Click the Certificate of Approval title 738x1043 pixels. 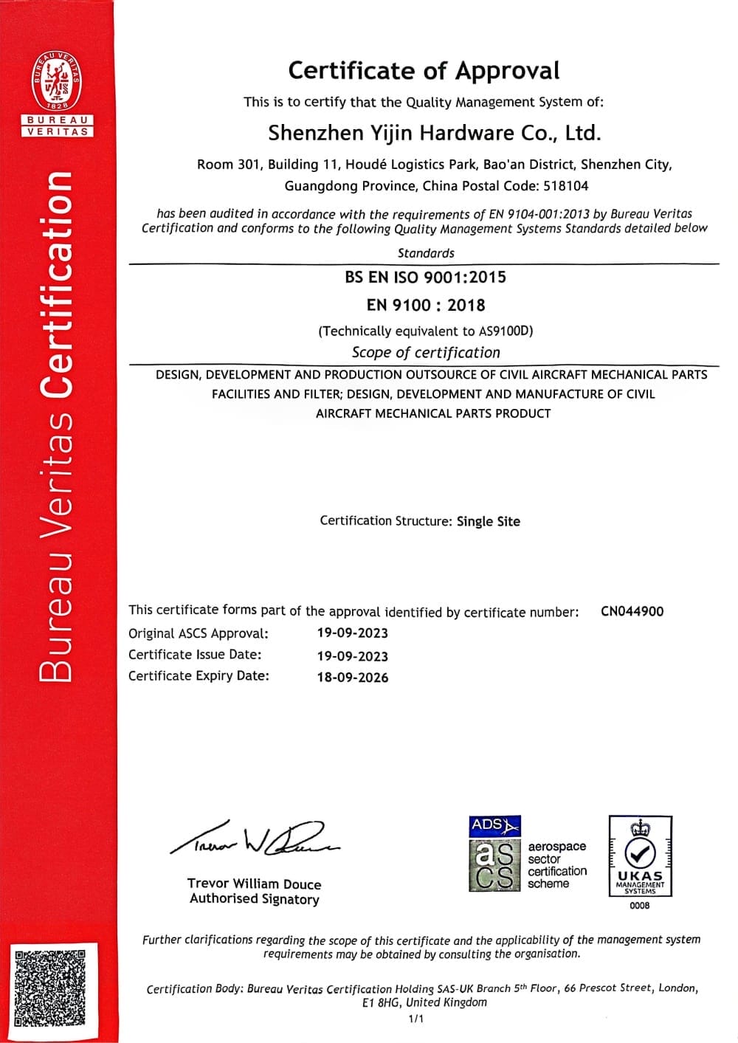(424, 71)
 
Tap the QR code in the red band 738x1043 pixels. (50, 989)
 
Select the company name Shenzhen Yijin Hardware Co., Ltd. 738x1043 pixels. (435, 133)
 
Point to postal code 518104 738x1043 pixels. (566, 186)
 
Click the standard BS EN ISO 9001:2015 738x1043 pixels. (425, 278)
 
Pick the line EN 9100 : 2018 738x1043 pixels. (426, 305)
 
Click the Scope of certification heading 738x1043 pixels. (426, 353)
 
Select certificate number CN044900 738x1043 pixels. (632, 611)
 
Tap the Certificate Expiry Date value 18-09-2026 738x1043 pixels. (353, 677)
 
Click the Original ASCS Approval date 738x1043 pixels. (353, 633)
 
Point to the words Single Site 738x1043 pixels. (489, 521)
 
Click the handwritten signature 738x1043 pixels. (254, 838)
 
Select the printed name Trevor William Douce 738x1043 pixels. (254, 884)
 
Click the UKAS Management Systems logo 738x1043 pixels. (640, 856)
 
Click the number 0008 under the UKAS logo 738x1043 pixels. (640, 906)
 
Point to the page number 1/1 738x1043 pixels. (416, 1019)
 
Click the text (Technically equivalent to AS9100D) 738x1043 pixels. (426, 331)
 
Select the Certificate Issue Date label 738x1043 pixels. (195, 655)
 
